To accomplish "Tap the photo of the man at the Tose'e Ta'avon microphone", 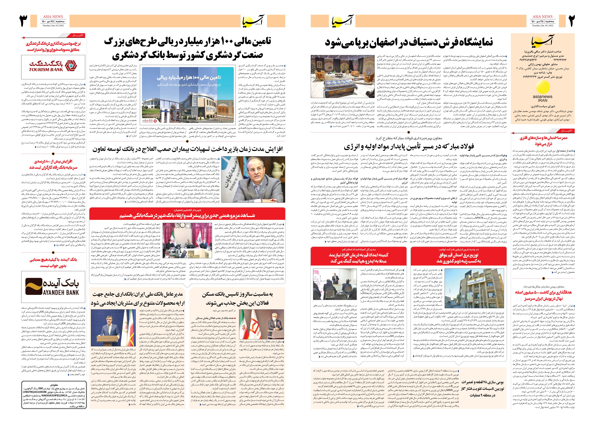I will (x=253, y=179).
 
